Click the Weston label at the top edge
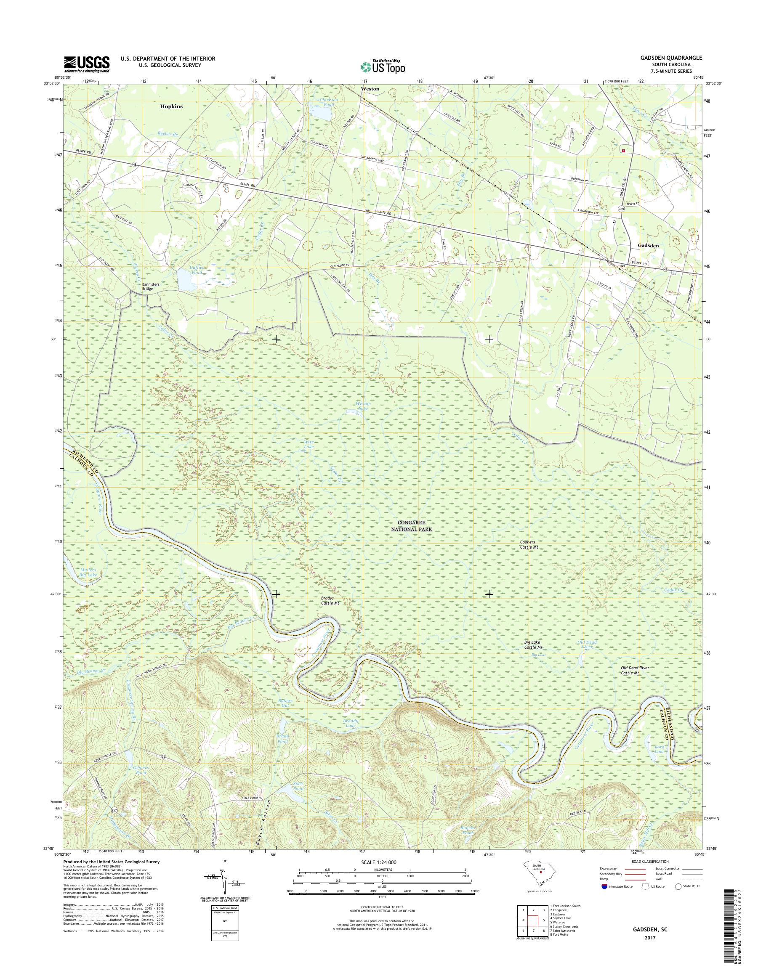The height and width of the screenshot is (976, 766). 370,89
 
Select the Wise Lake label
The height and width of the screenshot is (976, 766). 309,444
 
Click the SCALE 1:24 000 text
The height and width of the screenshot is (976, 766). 377,862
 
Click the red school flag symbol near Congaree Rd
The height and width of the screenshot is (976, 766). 622,151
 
